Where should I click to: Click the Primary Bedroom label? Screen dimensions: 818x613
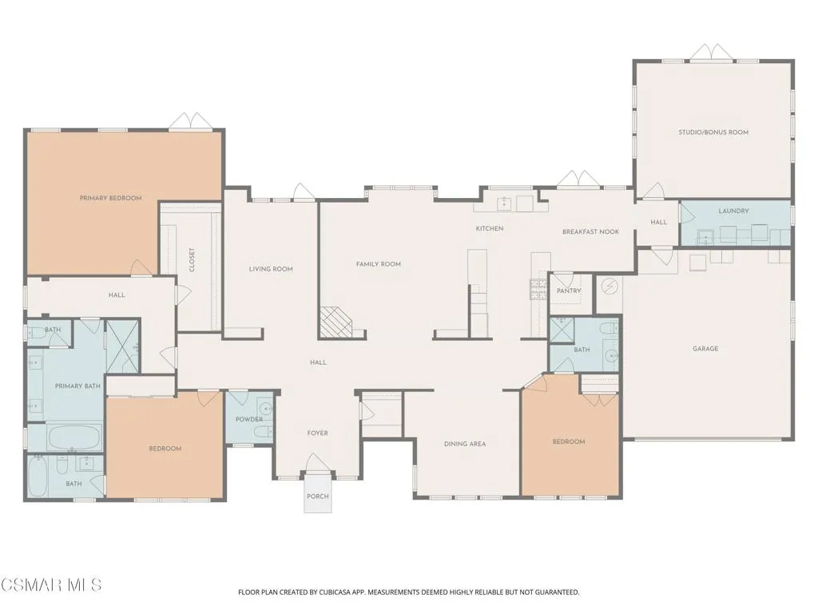(110, 198)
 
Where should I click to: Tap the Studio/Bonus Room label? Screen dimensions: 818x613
(713, 132)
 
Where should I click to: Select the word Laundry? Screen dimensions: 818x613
(733, 211)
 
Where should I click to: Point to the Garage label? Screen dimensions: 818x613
(705, 349)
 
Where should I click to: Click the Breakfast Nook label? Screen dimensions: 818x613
(590, 232)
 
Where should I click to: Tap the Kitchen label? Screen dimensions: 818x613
(490, 228)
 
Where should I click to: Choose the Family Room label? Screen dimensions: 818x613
(378, 264)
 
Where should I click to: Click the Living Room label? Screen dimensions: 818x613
(271, 269)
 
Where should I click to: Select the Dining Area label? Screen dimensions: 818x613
(465, 444)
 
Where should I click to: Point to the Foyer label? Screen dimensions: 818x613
(318, 433)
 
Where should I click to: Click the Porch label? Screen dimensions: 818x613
(318, 496)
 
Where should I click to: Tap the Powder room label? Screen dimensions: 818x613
(249, 419)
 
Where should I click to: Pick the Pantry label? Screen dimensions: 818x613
(569, 291)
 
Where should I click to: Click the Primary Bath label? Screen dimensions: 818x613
(77, 386)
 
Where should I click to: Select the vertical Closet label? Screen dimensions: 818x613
(192, 259)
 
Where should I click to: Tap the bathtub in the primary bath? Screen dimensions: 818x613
(74, 437)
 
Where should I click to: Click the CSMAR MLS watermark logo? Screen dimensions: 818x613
(51, 585)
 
